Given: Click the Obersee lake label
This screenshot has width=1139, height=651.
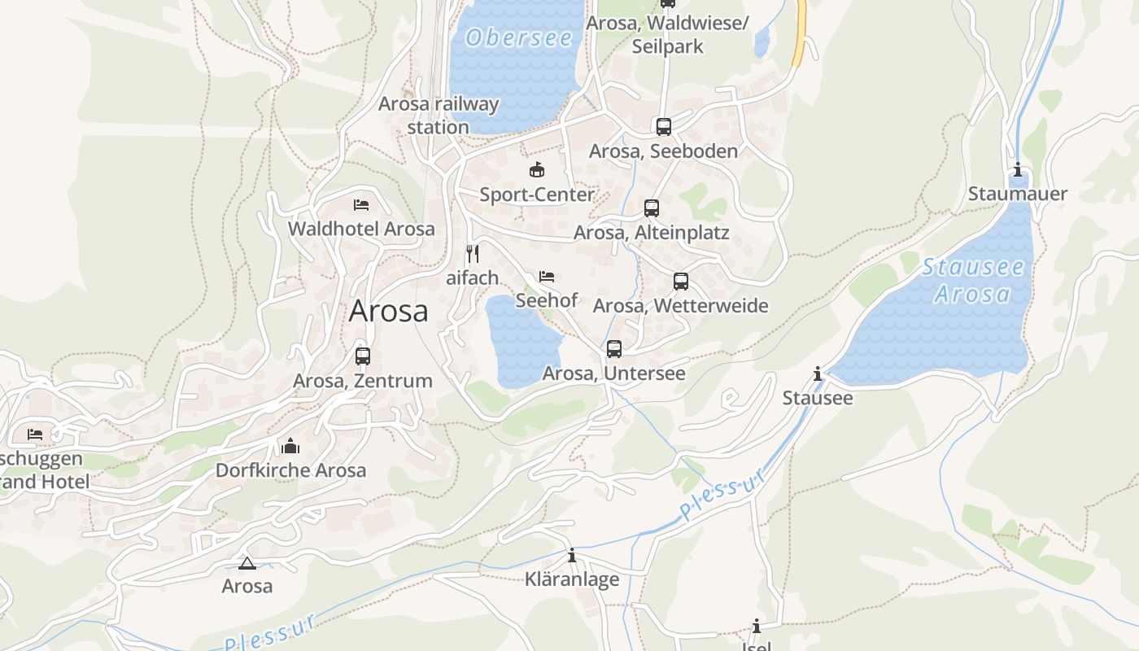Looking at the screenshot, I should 519,37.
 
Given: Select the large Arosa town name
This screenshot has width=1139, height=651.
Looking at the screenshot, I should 388,311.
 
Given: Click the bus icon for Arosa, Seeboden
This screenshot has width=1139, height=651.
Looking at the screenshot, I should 664,127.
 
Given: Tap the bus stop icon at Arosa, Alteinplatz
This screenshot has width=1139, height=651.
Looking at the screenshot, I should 652,208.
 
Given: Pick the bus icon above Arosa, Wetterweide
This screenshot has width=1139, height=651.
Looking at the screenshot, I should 681,282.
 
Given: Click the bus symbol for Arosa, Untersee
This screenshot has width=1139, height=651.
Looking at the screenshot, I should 614,349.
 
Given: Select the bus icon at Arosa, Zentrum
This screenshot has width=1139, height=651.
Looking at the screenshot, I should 363,356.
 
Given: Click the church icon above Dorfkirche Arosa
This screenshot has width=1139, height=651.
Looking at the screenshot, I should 290,446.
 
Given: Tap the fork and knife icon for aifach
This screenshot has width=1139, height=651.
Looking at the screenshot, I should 472,253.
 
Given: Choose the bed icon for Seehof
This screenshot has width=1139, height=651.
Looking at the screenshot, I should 547,277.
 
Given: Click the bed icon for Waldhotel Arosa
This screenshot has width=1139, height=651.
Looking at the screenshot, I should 361,204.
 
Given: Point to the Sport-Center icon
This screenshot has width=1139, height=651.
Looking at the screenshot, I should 537,170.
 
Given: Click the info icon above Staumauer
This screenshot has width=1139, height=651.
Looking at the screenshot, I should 1018,169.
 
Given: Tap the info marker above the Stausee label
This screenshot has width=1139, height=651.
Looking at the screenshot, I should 818,374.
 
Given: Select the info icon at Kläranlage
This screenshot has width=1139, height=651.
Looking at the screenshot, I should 572,555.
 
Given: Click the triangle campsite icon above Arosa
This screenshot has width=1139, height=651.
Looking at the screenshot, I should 247,563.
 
